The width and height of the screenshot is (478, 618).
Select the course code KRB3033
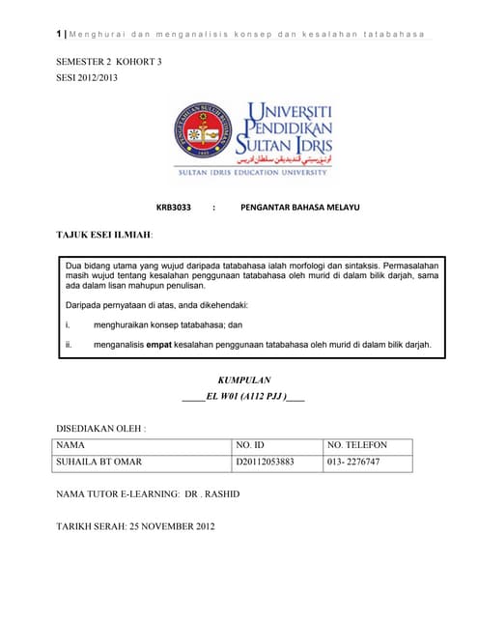tap(175, 207)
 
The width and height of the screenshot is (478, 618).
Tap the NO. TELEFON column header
tap(357, 445)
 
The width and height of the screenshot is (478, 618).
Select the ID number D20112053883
tap(265, 463)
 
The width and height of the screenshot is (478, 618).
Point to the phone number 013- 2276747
tap(354, 463)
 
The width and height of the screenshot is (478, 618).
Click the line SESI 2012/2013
tap(87, 77)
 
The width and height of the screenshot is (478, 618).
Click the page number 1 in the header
tap(59, 35)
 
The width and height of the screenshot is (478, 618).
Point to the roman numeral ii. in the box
tap(70, 343)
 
